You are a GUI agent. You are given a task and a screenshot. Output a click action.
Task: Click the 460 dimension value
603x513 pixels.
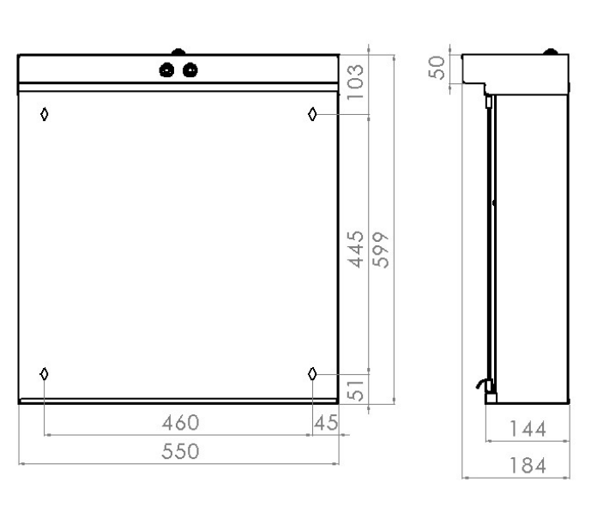point(182,422)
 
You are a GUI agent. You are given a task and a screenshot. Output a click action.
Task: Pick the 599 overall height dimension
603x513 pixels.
point(382,248)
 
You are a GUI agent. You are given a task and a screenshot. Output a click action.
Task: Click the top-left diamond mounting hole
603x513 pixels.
point(45,113)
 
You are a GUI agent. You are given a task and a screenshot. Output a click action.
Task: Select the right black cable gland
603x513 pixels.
point(189,70)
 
